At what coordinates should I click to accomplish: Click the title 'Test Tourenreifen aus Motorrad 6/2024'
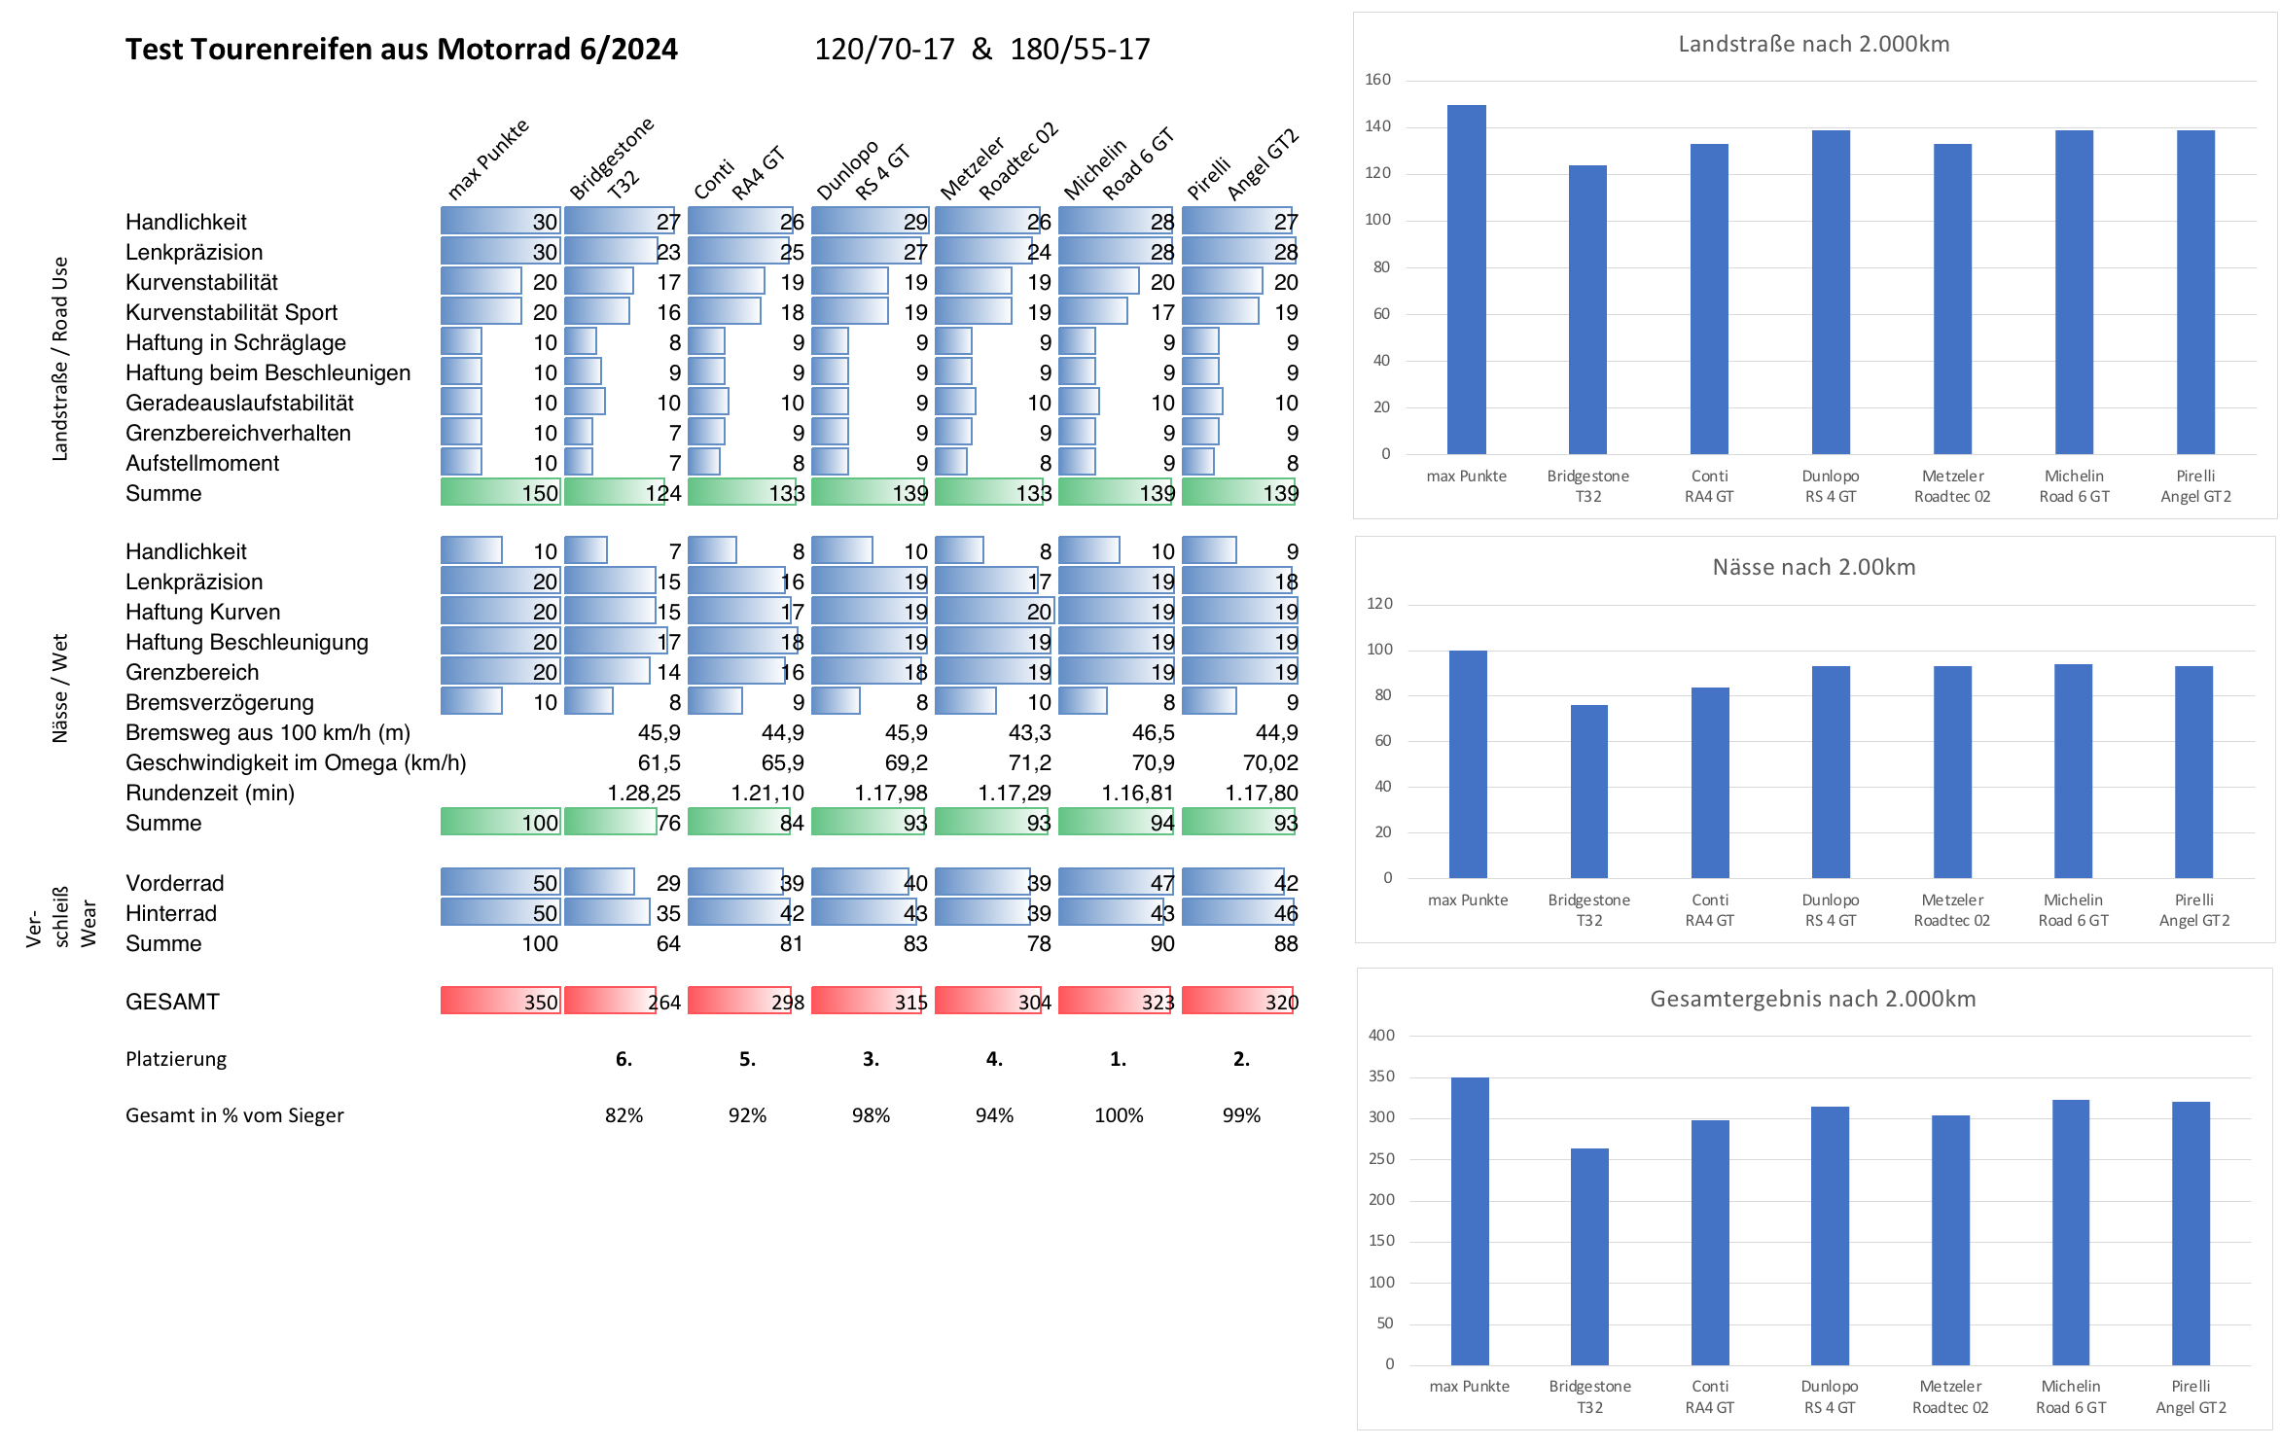click(401, 49)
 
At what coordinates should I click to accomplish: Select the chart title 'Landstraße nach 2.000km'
click(1813, 44)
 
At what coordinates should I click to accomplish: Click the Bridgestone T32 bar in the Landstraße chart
click(1587, 309)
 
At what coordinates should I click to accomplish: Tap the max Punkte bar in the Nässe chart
click(1468, 764)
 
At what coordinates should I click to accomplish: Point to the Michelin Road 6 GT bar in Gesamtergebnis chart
click(2071, 1232)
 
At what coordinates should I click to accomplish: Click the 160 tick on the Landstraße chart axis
click(1377, 80)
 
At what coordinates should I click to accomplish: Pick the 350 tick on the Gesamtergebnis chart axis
click(1381, 1076)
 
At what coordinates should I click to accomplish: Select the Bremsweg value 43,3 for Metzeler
click(1029, 732)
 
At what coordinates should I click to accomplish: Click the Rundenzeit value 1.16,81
click(1137, 793)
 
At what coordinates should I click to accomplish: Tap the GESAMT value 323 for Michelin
click(1158, 1002)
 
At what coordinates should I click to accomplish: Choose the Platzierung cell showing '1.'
click(1119, 1058)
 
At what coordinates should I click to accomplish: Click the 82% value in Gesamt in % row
click(623, 1115)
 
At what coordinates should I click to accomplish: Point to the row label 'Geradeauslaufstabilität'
click(239, 403)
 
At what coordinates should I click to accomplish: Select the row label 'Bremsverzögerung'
click(220, 702)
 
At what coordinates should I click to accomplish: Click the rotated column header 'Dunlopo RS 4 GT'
click(863, 169)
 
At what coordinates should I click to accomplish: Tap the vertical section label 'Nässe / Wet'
click(60, 688)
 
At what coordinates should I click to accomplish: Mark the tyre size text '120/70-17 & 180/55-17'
click(982, 49)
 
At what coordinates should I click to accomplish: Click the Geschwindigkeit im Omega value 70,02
click(1270, 762)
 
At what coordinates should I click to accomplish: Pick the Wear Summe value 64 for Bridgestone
click(668, 943)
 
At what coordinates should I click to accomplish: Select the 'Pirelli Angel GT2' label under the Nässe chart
click(2194, 910)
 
